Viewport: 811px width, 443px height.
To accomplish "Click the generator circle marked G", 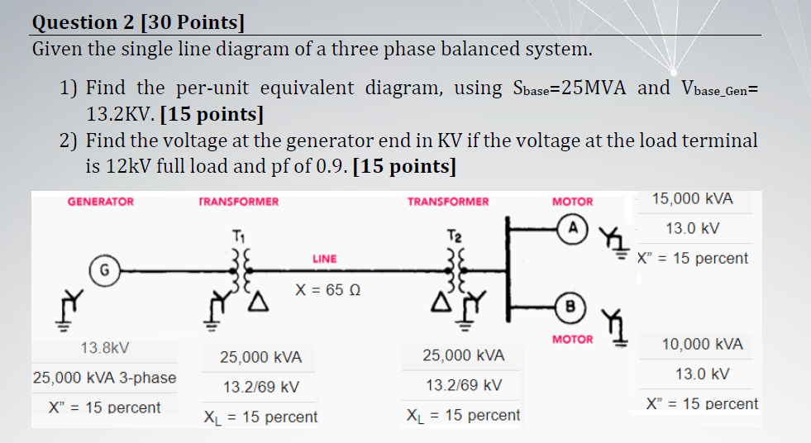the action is point(104,269).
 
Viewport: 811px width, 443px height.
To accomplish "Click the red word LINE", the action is point(324,259).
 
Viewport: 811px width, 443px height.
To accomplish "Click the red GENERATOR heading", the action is point(100,202).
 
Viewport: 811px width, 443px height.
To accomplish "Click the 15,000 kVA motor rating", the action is point(692,199).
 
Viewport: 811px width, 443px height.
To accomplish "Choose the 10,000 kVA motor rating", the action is point(703,344).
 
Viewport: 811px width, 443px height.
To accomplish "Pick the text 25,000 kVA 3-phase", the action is point(104,378).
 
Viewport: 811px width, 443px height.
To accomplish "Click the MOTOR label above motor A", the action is point(572,202).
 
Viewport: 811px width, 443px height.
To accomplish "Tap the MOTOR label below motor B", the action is point(572,339).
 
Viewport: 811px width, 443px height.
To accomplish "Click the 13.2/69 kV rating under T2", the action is point(464,386).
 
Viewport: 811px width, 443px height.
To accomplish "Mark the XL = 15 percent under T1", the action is point(260,417).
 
